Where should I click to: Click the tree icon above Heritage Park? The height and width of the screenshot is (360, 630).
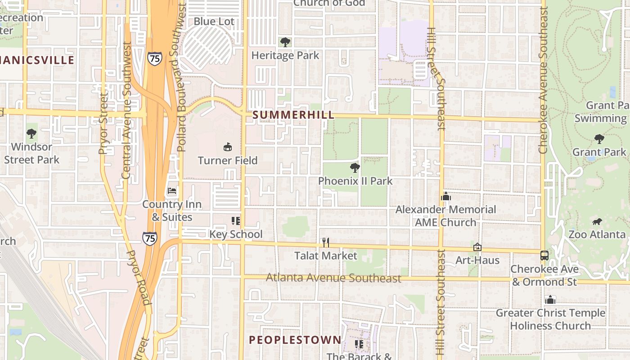pyautogui.click(x=285, y=42)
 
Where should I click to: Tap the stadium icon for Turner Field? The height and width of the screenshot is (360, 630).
pyautogui.click(x=228, y=147)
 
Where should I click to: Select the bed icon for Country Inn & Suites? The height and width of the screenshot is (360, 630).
pyautogui.click(x=172, y=191)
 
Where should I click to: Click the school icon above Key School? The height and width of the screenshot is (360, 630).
pyautogui.click(x=236, y=220)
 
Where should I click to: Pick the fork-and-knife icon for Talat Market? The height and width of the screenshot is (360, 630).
pyautogui.click(x=326, y=243)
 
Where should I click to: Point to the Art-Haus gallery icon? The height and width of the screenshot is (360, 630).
pyautogui.click(x=477, y=247)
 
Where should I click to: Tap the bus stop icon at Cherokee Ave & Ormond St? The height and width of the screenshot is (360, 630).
pyautogui.click(x=544, y=256)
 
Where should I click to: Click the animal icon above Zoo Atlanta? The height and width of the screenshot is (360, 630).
pyautogui.click(x=597, y=221)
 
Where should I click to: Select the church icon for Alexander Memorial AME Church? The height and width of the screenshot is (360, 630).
pyautogui.click(x=446, y=196)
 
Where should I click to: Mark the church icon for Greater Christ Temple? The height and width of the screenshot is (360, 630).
pyautogui.click(x=550, y=299)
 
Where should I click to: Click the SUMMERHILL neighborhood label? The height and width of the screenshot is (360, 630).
pyautogui.click(x=293, y=115)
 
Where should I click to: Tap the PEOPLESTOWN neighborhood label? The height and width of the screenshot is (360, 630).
pyautogui.click(x=295, y=340)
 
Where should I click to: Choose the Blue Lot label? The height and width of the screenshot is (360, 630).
pyautogui.click(x=214, y=21)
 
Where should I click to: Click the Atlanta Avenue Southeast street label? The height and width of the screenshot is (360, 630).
pyautogui.click(x=333, y=278)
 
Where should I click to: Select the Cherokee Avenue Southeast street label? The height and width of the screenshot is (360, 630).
pyautogui.click(x=543, y=81)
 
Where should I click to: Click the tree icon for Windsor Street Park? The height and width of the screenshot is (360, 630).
pyautogui.click(x=31, y=133)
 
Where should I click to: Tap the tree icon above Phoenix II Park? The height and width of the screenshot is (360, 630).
pyautogui.click(x=355, y=168)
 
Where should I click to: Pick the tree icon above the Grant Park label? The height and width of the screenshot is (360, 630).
pyautogui.click(x=599, y=139)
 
